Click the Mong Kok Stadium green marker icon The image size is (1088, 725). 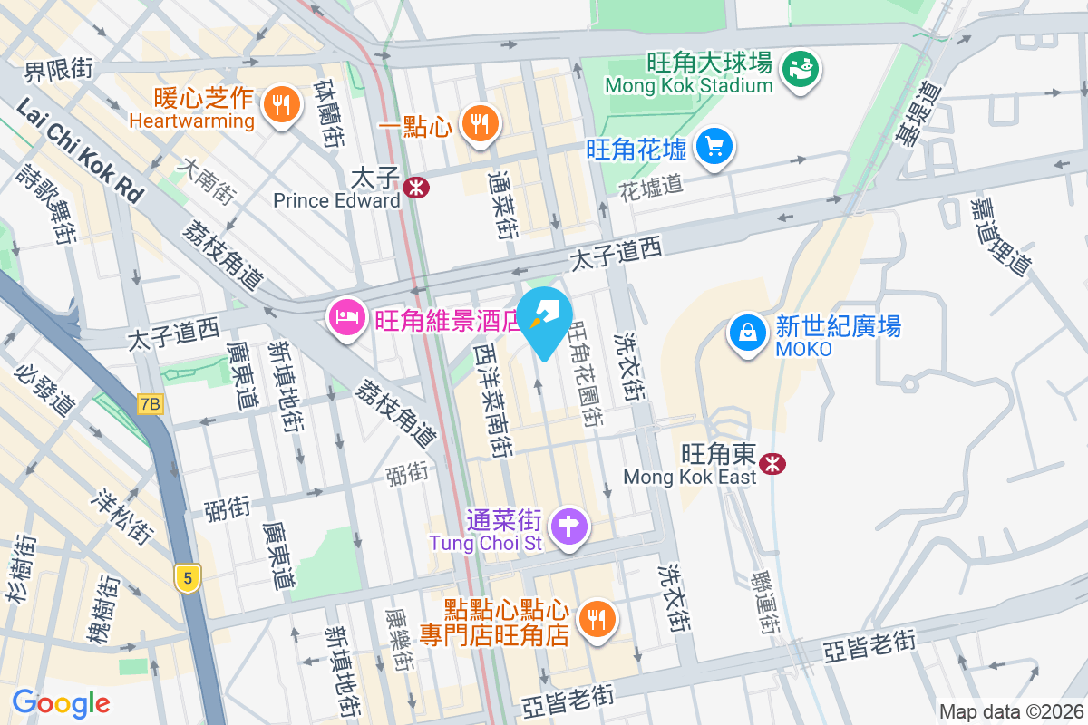(801, 67)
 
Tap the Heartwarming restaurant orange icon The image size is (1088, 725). (281, 104)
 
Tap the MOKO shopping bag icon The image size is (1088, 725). (747, 332)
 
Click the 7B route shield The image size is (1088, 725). (151, 404)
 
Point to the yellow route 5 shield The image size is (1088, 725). (188, 578)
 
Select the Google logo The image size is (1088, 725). (62, 702)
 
